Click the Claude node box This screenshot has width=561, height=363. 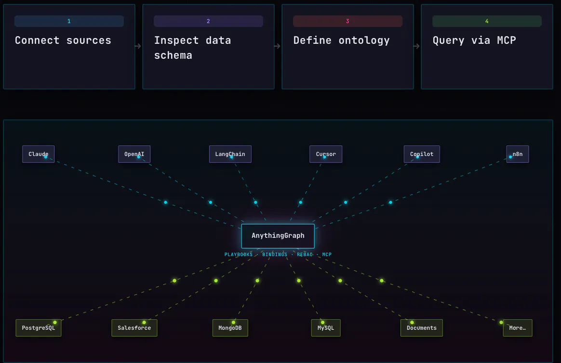tap(38, 154)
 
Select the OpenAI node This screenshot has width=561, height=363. tap(134, 154)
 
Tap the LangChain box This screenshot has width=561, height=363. tap(230, 154)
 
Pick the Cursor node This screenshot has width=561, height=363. tap(326, 154)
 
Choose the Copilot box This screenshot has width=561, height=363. tap(421, 154)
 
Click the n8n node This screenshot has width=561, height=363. tap(517, 154)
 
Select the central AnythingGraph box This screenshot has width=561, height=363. tap(278, 236)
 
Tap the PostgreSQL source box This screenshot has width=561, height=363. tap(38, 328)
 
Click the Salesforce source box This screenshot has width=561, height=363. tap(134, 328)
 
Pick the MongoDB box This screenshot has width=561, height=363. tap(230, 328)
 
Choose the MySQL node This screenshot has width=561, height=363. tap(326, 328)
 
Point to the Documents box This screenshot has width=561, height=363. tap(421, 328)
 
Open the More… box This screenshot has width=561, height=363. tap(517, 328)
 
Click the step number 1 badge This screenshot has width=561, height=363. tap(69, 21)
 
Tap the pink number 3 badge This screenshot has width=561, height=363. tap(347, 21)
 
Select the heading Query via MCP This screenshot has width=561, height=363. tap(474, 40)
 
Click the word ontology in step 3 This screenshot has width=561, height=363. tap(364, 41)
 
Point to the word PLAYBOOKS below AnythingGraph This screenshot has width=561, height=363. tap(238, 254)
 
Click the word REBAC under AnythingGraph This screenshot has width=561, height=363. tap(305, 254)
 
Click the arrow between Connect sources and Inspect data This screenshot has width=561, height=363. tap(138, 46)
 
